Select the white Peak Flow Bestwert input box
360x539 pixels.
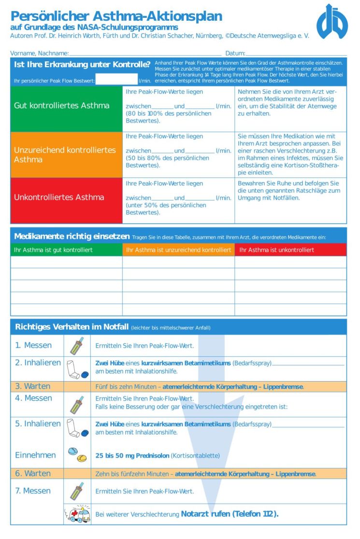click(x=116, y=79)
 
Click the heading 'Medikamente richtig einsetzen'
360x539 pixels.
click(x=72, y=237)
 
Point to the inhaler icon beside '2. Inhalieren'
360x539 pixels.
click(x=77, y=369)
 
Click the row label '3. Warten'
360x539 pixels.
click(x=32, y=386)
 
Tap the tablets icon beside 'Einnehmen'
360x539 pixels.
click(x=77, y=454)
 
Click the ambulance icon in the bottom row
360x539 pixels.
click(x=77, y=514)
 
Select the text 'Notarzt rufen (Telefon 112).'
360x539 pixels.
click(x=230, y=514)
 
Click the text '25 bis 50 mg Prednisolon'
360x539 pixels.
click(x=132, y=455)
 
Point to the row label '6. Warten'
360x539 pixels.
click(x=32, y=474)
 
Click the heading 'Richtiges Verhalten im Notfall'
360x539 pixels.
click(x=72, y=327)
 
